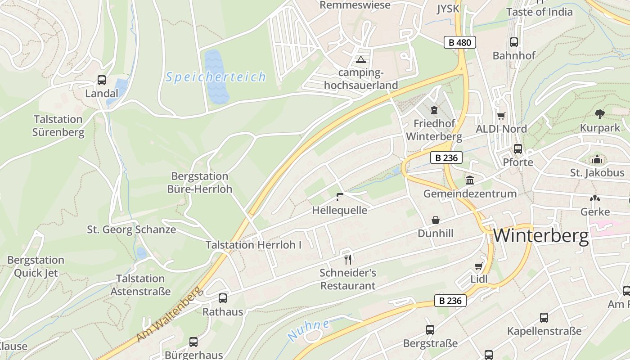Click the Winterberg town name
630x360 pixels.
[x=541, y=236]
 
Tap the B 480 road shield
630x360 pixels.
[x=459, y=43]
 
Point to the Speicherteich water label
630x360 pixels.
[x=216, y=77]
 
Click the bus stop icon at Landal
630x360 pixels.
[x=102, y=80]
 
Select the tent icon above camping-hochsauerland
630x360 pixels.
[x=361, y=59]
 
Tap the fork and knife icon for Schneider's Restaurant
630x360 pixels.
[x=347, y=259]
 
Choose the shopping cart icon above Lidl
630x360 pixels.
[x=478, y=266]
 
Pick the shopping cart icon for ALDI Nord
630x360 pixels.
[x=501, y=116]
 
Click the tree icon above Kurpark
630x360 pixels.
[x=599, y=114]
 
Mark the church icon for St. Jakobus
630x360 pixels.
[x=597, y=159]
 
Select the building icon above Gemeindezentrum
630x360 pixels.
[x=470, y=180]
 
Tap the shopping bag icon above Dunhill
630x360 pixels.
[x=435, y=220]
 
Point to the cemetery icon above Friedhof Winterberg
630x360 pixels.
[x=434, y=110]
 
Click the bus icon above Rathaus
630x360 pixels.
[x=222, y=298]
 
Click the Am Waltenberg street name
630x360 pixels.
[x=168, y=313]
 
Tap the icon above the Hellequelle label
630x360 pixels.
[x=340, y=196]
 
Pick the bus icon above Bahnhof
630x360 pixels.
[x=514, y=42]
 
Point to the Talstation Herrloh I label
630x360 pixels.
[x=253, y=245]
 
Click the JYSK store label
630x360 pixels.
[x=448, y=9]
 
